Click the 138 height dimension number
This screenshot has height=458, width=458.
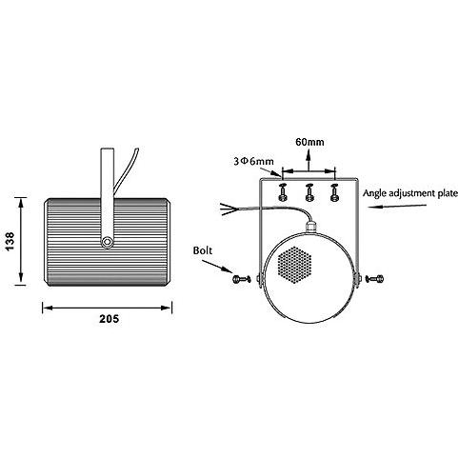10,241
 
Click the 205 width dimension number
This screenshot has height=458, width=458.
110,318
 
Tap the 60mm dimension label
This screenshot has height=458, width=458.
309,142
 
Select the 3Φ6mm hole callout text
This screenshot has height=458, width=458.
253,161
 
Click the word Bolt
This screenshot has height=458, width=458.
203,250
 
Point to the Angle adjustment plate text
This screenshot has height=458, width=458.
410,193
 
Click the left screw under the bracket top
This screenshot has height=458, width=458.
282,192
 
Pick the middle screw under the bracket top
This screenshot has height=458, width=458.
309,192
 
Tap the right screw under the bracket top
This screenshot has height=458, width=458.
334,192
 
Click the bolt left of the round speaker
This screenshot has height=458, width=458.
242,279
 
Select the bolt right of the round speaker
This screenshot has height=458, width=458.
374,279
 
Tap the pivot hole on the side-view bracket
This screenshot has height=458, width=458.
108,242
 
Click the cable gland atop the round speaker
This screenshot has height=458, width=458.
310,227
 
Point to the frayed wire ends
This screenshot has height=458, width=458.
229,209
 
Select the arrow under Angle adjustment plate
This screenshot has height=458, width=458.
397,207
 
